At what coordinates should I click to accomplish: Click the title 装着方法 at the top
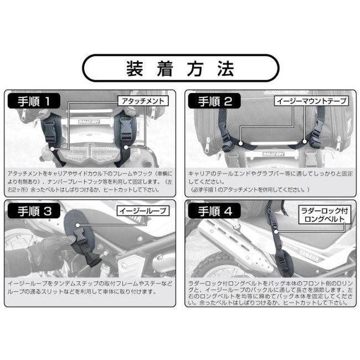click(x=180, y=69)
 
